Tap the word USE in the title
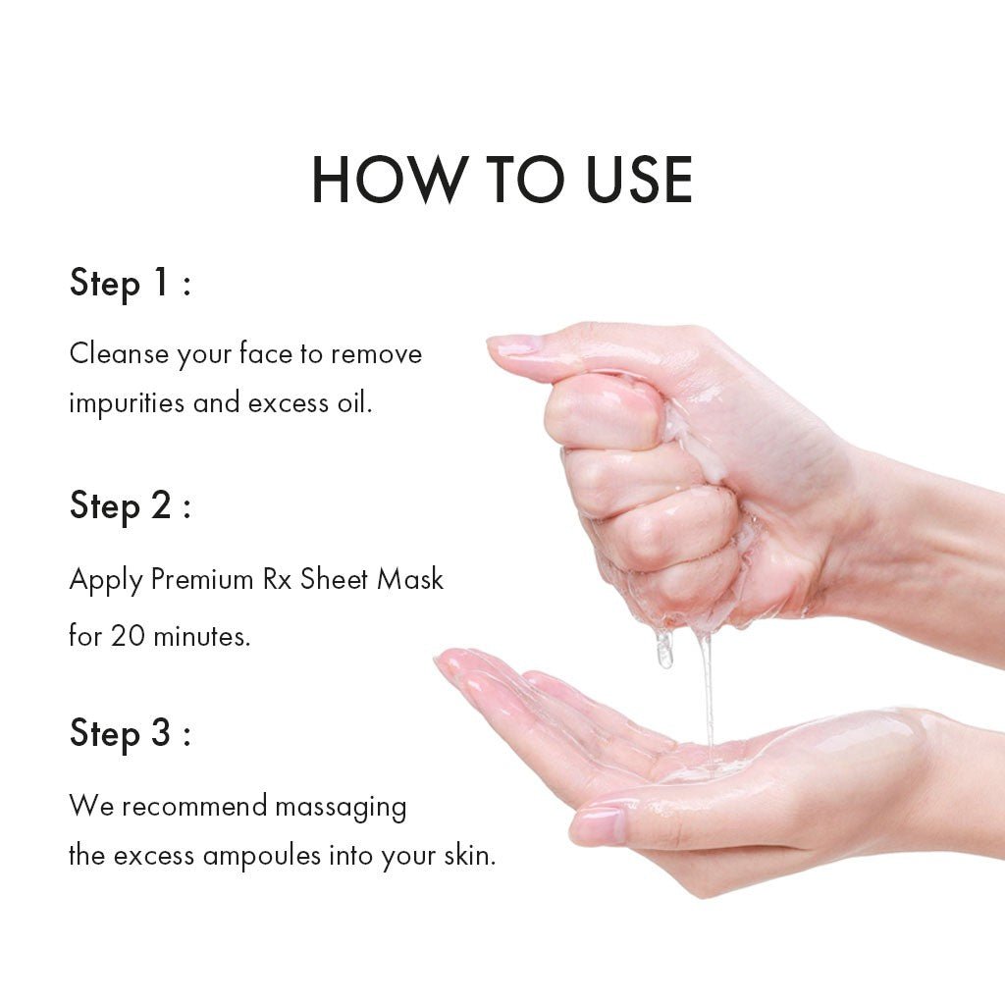pyautogui.click(x=639, y=180)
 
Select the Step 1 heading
pyautogui.click(x=131, y=284)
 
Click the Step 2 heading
pyautogui.click(x=131, y=505)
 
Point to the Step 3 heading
pyautogui.click(x=131, y=733)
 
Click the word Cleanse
pyautogui.click(x=119, y=353)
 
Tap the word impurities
pyautogui.click(x=127, y=403)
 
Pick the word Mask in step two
pyautogui.click(x=410, y=579)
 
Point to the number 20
pyautogui.click(x=128, y=636)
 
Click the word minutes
pyautogui.click(x=201, y=636)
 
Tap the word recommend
pyautogui.click(x=194, y=806)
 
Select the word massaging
pyautogui.click(x=341, y=807)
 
